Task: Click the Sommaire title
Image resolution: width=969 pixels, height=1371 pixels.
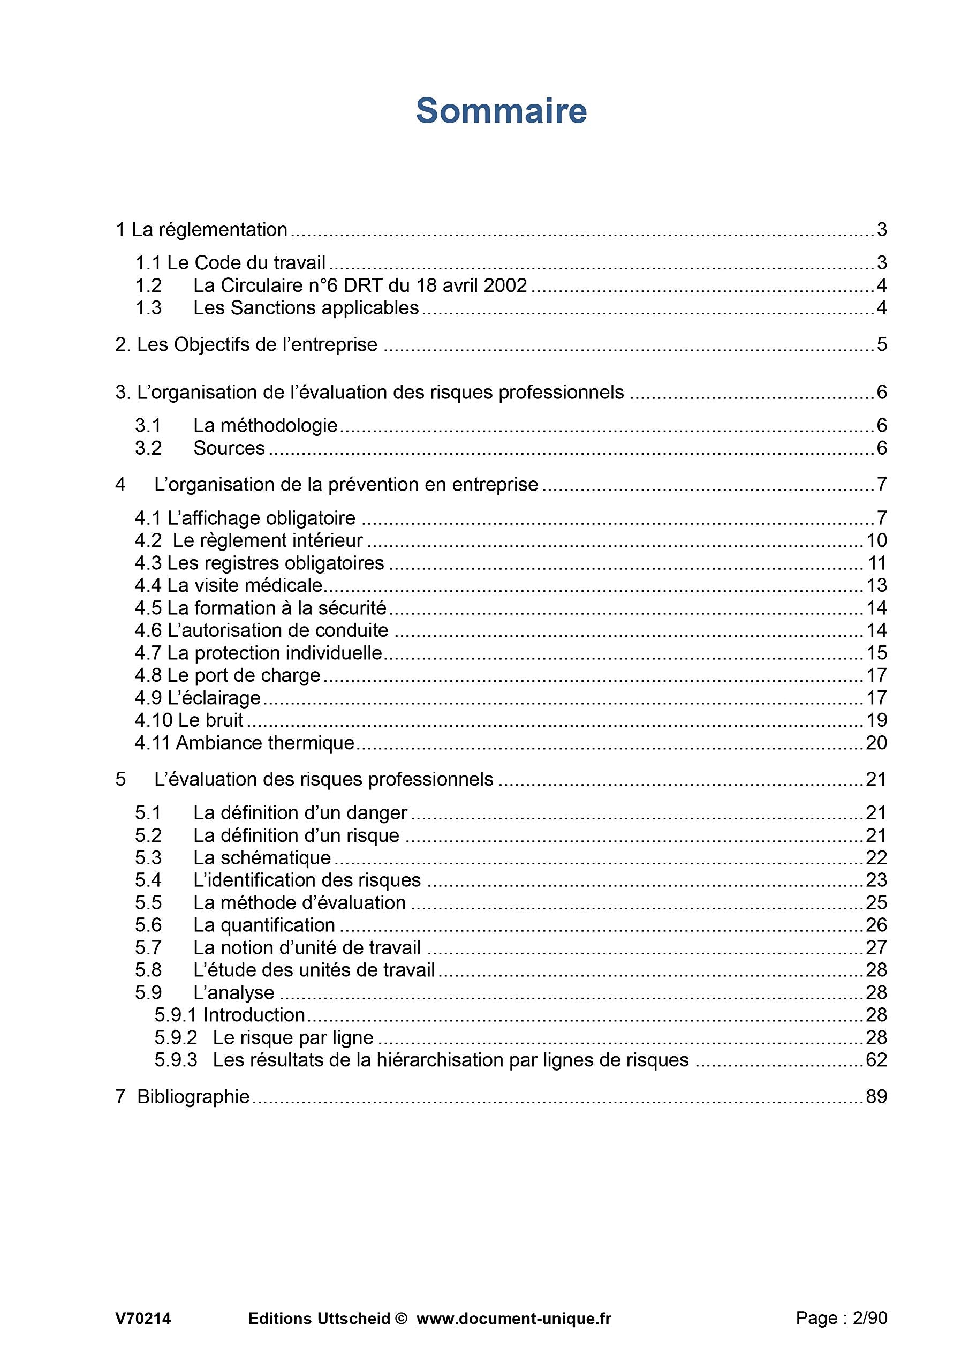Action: (501, 111)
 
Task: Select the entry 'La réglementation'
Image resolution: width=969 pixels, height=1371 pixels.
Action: (209, 230)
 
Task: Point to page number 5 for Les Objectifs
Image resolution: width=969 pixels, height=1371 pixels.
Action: (881, 345)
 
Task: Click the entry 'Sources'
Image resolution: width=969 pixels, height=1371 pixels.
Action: (229, 448)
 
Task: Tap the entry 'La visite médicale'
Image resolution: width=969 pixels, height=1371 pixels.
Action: (245, 586)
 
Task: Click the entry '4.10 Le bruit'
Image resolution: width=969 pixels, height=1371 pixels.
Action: (188, 721)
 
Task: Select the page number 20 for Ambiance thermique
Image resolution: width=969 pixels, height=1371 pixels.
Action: (876, 743)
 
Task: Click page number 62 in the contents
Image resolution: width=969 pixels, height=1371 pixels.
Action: (876, 1060)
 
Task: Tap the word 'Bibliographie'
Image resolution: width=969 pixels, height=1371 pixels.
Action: (193, 1097)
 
